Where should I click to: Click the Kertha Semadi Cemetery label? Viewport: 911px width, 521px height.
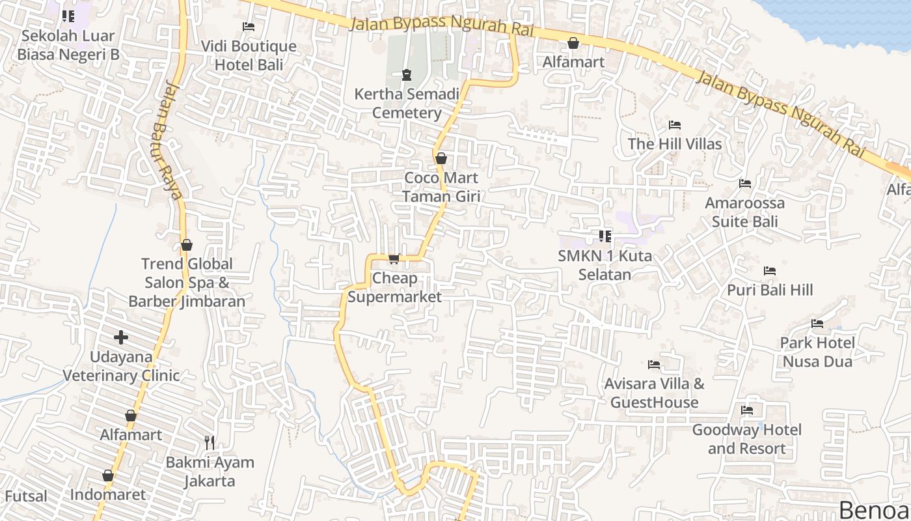coord(407,103)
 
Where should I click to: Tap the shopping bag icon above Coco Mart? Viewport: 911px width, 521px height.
coord(441,158)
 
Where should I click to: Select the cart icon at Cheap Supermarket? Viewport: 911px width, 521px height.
coord(394,259)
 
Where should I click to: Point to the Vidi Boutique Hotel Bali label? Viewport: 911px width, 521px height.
coord(249,55)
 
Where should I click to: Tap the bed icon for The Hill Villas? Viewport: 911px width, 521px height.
coord(675,125)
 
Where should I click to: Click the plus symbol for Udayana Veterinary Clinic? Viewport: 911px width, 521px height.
coord(121,337)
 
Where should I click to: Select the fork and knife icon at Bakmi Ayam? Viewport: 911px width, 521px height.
coord(210,443)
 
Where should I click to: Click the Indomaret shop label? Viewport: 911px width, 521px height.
coord(108,494)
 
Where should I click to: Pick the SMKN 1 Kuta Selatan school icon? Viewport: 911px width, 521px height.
coord(605,236)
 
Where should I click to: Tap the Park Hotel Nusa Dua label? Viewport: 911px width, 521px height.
coord(817,352)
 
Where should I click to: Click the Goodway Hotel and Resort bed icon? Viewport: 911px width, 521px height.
coord(747,410)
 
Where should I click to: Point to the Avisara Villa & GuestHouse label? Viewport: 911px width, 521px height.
coord(654,393)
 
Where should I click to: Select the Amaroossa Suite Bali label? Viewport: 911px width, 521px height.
coord(745,212)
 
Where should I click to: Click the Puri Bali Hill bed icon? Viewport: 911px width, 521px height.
coord(770,271)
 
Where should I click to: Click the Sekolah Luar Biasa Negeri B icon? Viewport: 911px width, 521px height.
coord(68,16)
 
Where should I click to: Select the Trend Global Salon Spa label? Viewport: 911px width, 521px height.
coord(187,282)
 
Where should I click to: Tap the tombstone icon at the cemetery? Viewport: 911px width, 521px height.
coord(407,75)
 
